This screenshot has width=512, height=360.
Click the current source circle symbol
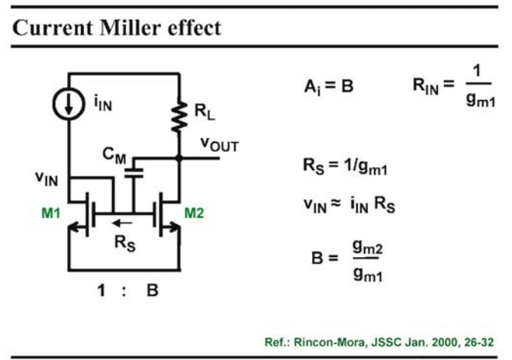(69, 104)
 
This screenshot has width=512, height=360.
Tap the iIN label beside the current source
(103, 103)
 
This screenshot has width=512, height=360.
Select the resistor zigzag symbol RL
(179, 117)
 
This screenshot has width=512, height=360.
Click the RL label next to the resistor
(204, 111)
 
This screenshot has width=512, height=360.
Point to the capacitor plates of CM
(134, 173)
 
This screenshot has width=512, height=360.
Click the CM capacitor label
(114, 156)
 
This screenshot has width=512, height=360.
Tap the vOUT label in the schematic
(220, 144)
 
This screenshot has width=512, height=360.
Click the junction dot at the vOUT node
(179, 159)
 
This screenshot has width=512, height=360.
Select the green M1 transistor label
(51, 213)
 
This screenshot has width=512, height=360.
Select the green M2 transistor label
(195, 213)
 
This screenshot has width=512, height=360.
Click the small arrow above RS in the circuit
(122, 223)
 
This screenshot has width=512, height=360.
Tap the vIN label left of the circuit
(47, 178)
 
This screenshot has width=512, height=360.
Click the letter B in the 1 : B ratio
(153, 290)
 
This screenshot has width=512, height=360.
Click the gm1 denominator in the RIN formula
(480, 99)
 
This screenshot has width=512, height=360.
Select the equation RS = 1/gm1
(345, 166)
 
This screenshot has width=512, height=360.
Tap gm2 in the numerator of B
(367, 247)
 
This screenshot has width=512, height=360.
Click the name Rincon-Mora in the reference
(329, 342)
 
